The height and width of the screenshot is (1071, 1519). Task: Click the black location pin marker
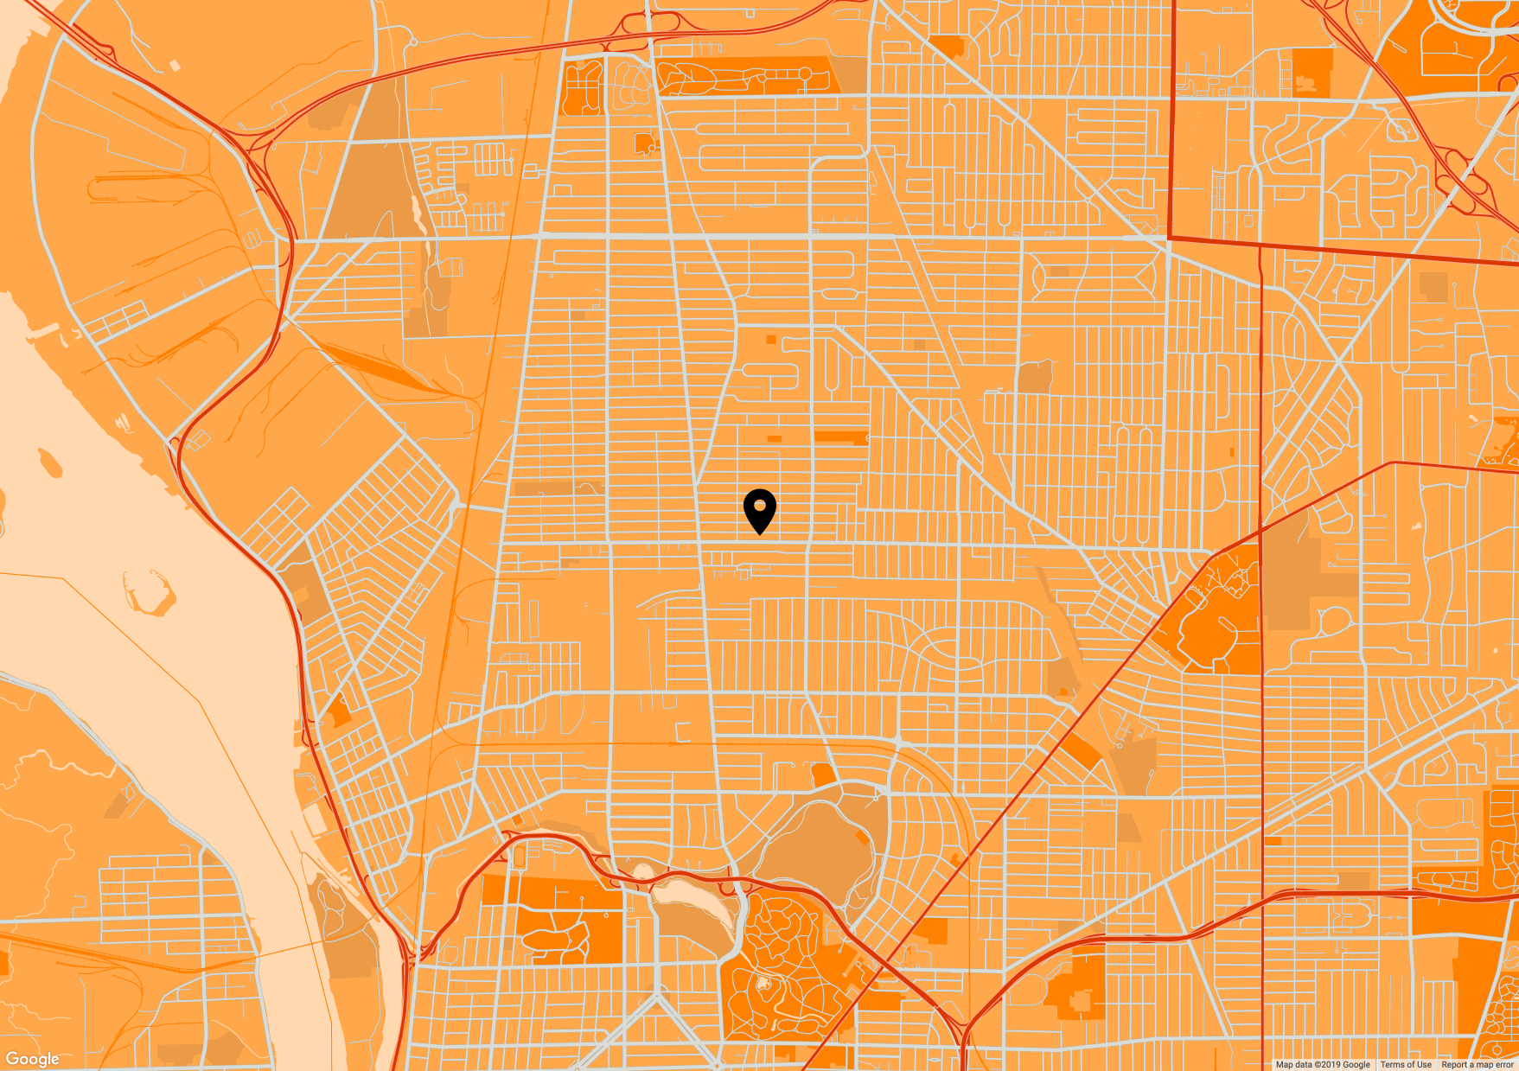click(759, 509)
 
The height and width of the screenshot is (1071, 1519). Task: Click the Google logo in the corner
click(33, 1059)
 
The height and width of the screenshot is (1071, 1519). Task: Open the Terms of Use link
click(1406, 1065)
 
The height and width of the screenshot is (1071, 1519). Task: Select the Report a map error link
click(1478, 1065)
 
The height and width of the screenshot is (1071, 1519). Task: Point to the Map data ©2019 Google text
click(1323, 1065)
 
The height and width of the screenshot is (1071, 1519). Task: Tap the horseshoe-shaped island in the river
click(149, 593)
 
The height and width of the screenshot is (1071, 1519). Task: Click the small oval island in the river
click(49, 462)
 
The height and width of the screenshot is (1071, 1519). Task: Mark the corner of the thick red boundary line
click(1170, 237)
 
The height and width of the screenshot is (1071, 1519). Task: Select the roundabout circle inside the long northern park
click(804, 74)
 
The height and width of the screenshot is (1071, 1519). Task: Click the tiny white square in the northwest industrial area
click(175, 65)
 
